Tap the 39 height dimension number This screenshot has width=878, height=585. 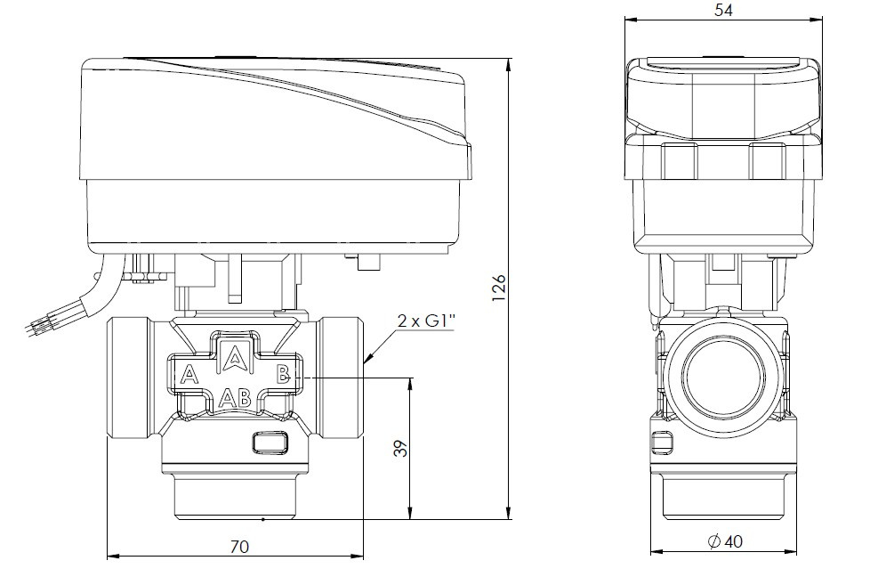click(400, 449)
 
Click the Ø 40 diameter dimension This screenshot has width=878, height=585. click(724, 541)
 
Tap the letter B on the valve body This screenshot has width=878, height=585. click(282, 375)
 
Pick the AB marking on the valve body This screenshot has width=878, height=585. click(235, 396)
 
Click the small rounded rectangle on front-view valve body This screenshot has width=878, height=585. click(270, 441)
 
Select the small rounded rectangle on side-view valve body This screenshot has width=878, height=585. click(660, 442)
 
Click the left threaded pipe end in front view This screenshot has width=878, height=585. click(130, 378)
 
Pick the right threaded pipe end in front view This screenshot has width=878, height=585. click(342, 378)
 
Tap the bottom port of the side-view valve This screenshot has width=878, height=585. click(722, 499)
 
